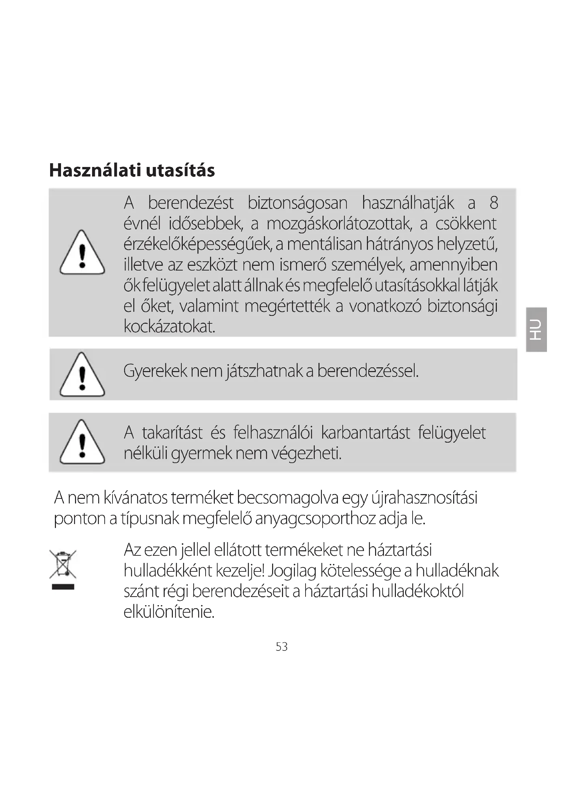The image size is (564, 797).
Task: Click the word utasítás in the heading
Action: click(x=180, y=170)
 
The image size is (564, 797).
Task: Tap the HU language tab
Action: click(x=537, y=329)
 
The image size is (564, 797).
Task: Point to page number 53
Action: click(x=282, y=647)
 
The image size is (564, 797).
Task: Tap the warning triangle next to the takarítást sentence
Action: click(x=82, y=443)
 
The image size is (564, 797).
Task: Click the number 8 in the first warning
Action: click(x=493, y=203)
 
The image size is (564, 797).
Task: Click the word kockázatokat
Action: click(x=169, y=326)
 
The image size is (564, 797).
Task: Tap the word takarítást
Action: click(x=172, y=433)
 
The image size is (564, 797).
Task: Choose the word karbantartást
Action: click(x=366, y=433)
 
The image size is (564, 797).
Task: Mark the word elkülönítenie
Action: click(x=169, y=612)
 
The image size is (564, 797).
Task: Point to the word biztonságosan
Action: click(x=298, y=203)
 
